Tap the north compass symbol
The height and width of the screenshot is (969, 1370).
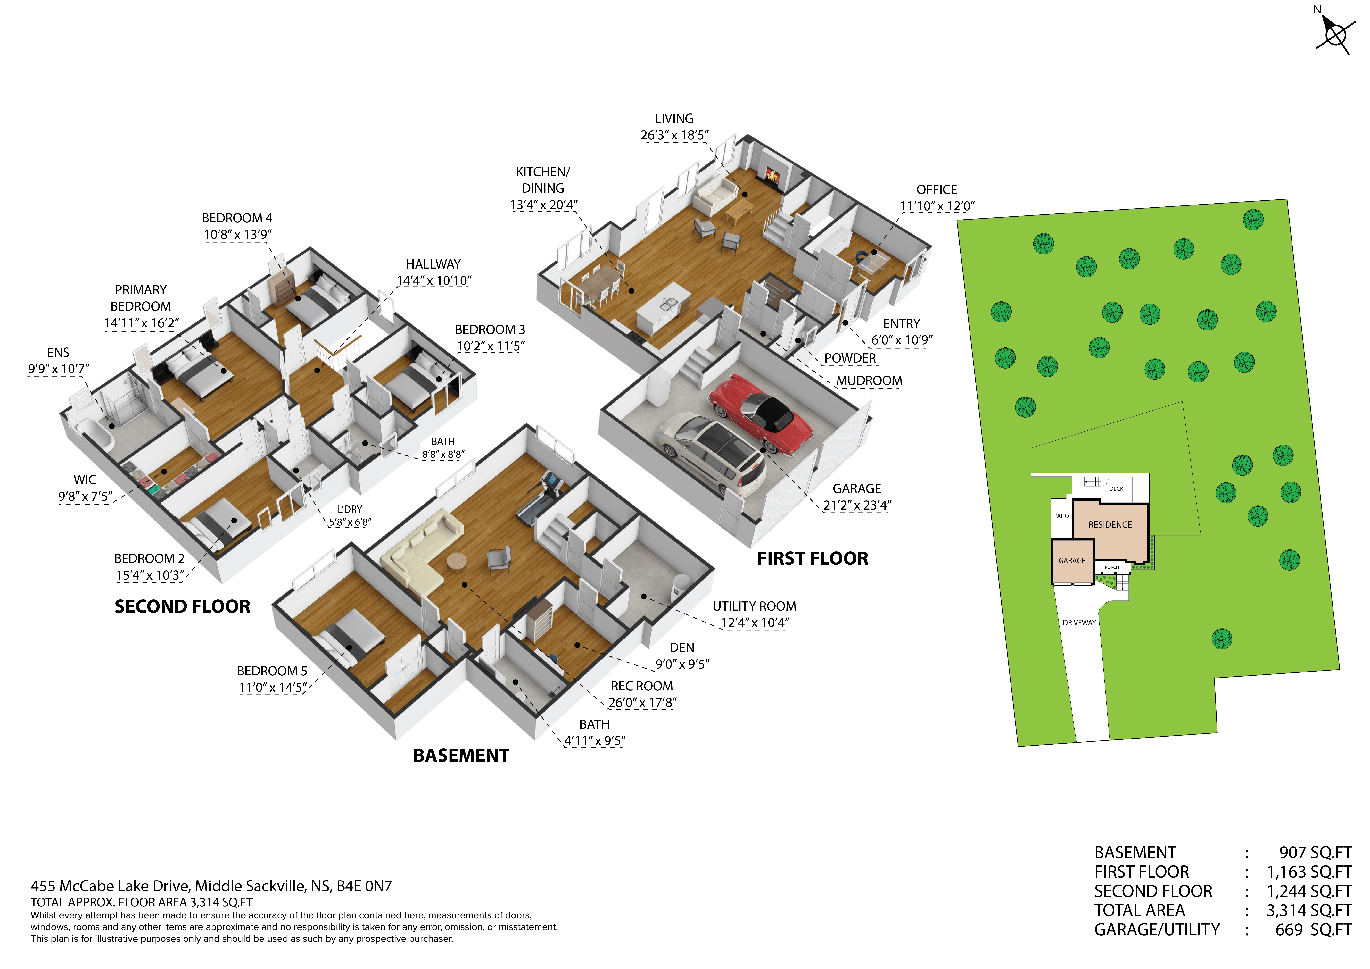pyautogui.click(x=1334, y=34)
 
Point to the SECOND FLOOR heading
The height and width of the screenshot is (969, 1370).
pyautogui.click(x=183, y=607)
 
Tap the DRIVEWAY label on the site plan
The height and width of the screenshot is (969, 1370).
pyautogui.click(x=1079, y=623)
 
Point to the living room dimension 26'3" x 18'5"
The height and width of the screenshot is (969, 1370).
pyautogui.click(x=674, y=136)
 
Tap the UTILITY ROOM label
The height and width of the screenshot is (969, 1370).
pyautogui.click(x=754, y=606)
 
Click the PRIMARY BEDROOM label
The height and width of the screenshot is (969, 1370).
pyautogui.click(x=141, y=298)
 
